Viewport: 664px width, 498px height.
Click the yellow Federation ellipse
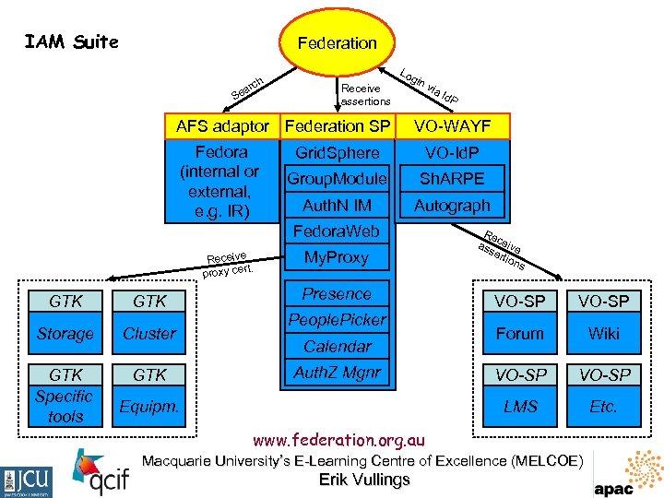point(337,42)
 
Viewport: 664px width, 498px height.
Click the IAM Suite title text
point(71,41)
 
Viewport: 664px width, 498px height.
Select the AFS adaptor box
point(222,125)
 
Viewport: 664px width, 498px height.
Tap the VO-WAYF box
point(452,125)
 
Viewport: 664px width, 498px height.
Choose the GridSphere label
point(337,152)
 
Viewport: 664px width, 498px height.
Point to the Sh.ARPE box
point(452,178)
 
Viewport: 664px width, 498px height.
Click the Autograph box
point(452,205)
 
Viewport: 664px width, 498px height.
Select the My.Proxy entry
point(337,257)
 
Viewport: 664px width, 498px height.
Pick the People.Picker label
point(337,320)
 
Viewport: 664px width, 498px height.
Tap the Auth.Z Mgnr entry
point(337,373)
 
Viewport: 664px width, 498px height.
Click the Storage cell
point(65,333)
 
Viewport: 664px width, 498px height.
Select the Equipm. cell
point(148,406)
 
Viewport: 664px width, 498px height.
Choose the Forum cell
point(519,333)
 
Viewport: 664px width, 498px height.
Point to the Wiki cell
point(603,333)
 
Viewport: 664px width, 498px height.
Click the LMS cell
point(519,406)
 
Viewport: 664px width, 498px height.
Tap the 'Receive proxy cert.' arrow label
point(229,263)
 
